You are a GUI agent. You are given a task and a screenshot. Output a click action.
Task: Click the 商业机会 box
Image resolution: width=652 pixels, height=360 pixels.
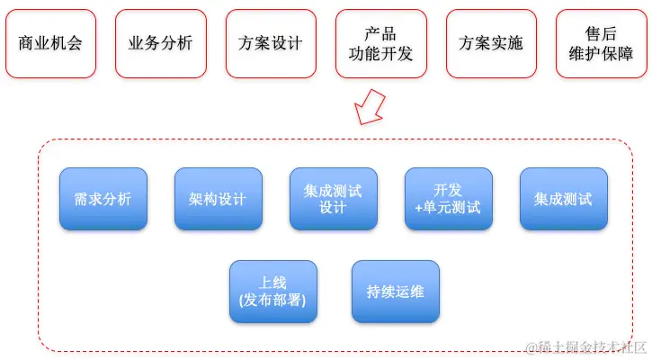tap(50, 44)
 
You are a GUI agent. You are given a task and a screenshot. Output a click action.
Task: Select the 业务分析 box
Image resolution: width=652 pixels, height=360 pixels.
tap(160, 44)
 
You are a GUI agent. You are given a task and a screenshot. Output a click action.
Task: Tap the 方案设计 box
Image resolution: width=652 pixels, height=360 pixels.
tap(271, 44)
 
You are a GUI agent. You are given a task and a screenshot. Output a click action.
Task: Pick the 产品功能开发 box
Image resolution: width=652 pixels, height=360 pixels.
tap(380, 44)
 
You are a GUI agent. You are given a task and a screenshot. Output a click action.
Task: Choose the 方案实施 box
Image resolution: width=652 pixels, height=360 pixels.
tap(490, 44)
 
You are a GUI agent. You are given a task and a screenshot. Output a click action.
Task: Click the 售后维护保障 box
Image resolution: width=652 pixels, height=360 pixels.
tap(600, 44)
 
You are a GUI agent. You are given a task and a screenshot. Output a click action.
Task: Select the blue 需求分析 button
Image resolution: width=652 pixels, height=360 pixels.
tap(103, 199)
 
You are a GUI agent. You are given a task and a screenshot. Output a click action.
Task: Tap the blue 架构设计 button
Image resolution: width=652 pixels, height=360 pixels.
tap(218, 199)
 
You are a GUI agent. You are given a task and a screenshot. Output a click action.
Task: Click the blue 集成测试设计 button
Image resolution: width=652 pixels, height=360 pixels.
tap(333, 199)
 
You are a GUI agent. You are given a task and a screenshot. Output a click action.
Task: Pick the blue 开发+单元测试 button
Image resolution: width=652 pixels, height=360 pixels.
tap(448, 199)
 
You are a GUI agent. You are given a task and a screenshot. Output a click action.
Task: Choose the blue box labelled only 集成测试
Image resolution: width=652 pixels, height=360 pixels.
tap(563, 199)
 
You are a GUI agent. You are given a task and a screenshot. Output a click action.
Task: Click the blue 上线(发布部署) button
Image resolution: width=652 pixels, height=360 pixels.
tap(273, 292)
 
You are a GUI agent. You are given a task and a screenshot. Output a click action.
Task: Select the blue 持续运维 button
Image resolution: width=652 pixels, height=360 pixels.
tap(396, 292)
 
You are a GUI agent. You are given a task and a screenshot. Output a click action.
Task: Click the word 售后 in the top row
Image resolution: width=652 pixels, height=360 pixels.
tap(600, 34)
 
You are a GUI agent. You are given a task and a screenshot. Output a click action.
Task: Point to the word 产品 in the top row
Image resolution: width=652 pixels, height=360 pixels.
tap(380, 34)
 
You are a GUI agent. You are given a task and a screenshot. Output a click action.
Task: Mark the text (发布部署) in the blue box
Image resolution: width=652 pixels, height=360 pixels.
tap(273, 301)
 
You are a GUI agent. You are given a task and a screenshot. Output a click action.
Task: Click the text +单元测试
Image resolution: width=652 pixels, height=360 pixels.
tap(448, 208)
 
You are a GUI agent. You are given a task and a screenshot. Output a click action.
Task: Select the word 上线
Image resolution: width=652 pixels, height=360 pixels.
tap(273, 282)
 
